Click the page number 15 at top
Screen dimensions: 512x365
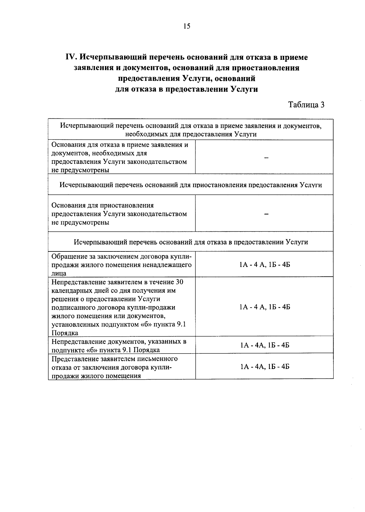coord(187,26)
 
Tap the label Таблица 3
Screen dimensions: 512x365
coord(306,105)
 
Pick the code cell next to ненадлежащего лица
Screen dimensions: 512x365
coord(265,265)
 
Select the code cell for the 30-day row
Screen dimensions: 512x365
coord(265,307)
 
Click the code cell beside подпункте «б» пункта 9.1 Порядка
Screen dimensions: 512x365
coord(265,345)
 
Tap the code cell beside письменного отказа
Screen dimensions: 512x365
coord(265,367)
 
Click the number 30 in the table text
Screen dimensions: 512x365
coord(179,282)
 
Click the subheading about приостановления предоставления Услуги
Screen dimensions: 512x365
coord(191,185)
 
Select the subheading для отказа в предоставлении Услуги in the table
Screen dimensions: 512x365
coord(191,242)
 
